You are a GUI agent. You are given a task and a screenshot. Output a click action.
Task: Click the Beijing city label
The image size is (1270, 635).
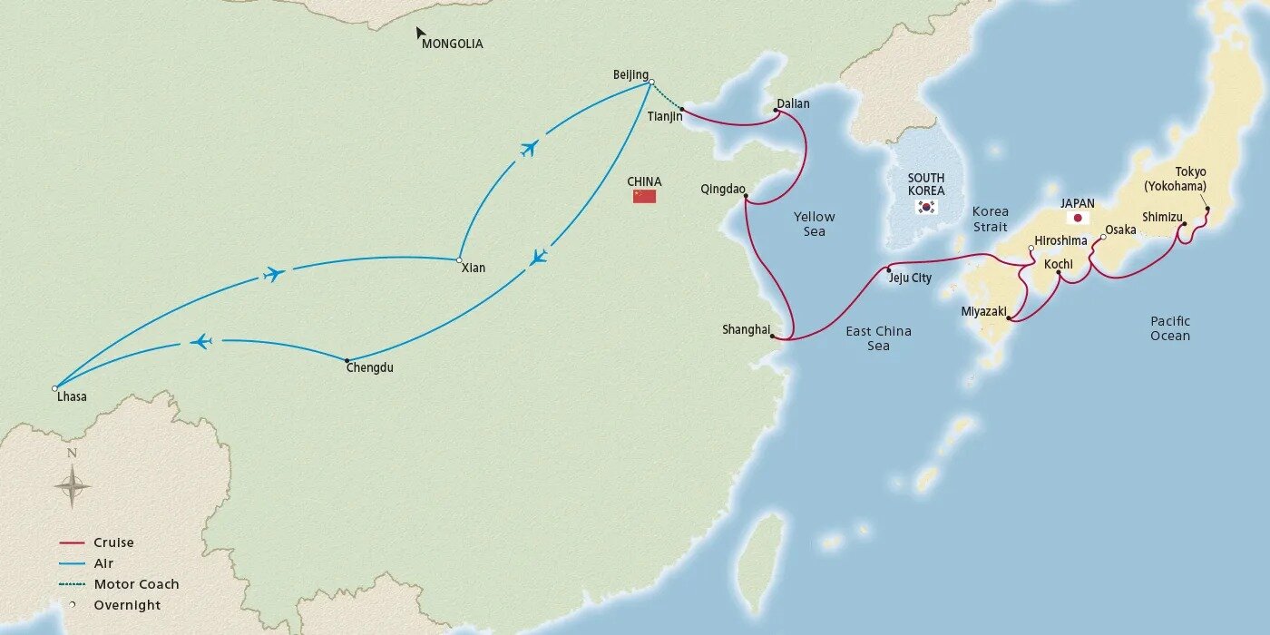pyautogui.click(x=630, y=74)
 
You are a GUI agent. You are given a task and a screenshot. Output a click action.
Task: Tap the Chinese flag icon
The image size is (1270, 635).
pyautogui.click(x=644, y=196)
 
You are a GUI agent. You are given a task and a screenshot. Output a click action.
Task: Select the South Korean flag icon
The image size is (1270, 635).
pyautogui.click(x=926, y=207)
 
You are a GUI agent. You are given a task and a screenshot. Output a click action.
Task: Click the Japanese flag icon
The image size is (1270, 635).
pyautogui.click(x=1078, y=219)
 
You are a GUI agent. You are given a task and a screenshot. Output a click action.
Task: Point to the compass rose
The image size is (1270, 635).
pyautogui.click(x=73, y=486)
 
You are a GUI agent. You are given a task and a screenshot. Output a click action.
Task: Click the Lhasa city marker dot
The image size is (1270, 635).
pyautogui.click(x=55, y=388)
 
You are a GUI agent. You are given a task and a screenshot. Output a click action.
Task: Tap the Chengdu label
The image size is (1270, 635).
pyautogui.click(x=370, y=367)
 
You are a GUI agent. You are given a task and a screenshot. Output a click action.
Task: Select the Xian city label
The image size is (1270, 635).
pyautogui.click(x=473, y=268)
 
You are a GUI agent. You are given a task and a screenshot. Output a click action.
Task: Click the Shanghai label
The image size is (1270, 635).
pyautogui.click(x=746, y=329)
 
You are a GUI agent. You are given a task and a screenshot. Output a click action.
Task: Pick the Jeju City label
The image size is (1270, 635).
pyautogui.click(x=910, y=278)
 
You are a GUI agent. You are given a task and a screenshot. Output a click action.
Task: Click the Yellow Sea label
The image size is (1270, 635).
pyautogui.click(x=814, y=224)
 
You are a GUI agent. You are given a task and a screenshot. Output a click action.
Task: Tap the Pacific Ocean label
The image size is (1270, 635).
pyautogui.click(x=1169, y=328)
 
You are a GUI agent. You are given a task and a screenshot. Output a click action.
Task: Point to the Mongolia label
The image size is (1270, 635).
pyautogui.click(x=453, y=44)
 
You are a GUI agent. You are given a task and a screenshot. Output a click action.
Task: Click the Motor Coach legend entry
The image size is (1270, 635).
pyautogui.click(x=136, y=584)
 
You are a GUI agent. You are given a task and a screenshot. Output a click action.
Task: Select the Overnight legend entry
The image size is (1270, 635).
pyautogui.click(x=127, y=605)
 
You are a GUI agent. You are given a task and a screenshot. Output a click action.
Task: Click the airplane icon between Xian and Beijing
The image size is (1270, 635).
pyautogui.click(x=529, y=148)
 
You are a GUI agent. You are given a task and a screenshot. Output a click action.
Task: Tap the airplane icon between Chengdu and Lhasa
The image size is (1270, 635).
pyautogui.click(x=201, y=342)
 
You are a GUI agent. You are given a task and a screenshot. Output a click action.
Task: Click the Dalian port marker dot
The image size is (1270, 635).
pyautogui.click(x=777, y=112)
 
